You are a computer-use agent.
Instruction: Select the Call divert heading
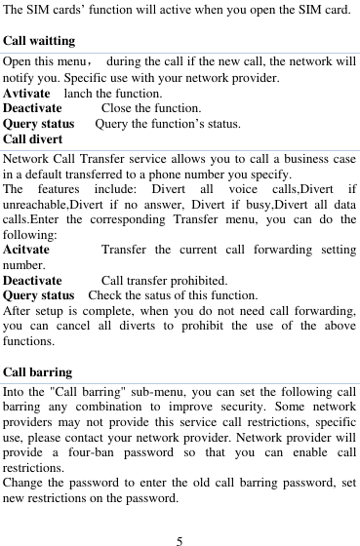pos(35,138)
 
